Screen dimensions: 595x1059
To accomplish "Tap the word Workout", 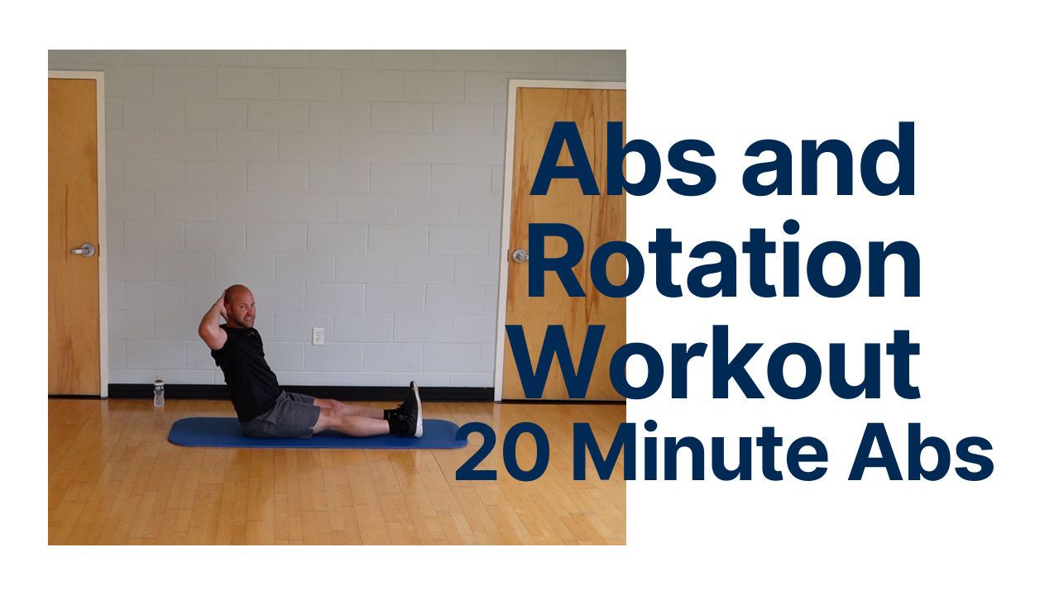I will pyautogui.click(x=725, y=364).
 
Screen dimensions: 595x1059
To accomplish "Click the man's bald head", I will pyautogui.click(x=237, y=301).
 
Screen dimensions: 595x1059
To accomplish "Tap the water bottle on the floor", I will pyautogui.click(x=158, y=393).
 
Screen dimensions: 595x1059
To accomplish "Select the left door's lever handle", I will pyautogui.click(x=84, y=250).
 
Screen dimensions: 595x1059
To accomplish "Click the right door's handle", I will pyautogui.click(x=519, y=255).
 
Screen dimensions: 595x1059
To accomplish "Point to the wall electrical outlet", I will pyautogui.click(x=318, y=336).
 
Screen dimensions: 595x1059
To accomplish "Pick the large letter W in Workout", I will pyautogui.click(x=563, y=364).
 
